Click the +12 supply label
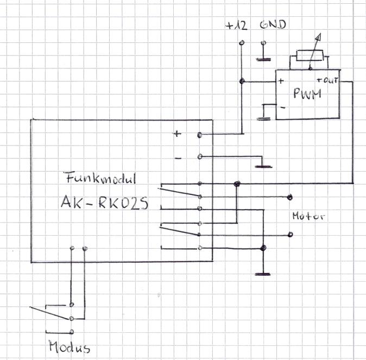coord(236,26)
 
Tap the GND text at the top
coord(273,24)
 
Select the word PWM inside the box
coord(307,93)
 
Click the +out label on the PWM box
coord(327,80)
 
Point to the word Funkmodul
coord(100,178)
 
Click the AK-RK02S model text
coord(104,203)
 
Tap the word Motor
coord(308,216)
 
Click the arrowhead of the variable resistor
coord(319,37)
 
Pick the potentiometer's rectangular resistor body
coord(310,55)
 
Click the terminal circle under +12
coord(242,43)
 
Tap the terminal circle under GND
coord(263,43)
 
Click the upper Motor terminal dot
coord(290,197)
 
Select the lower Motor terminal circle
coord(290,235)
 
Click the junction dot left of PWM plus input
coord(242,81)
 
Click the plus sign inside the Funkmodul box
coord(177,134)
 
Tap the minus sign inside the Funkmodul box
coord(178,159)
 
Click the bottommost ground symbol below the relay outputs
coord(263,274)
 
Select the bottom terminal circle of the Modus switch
coord(72,332)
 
